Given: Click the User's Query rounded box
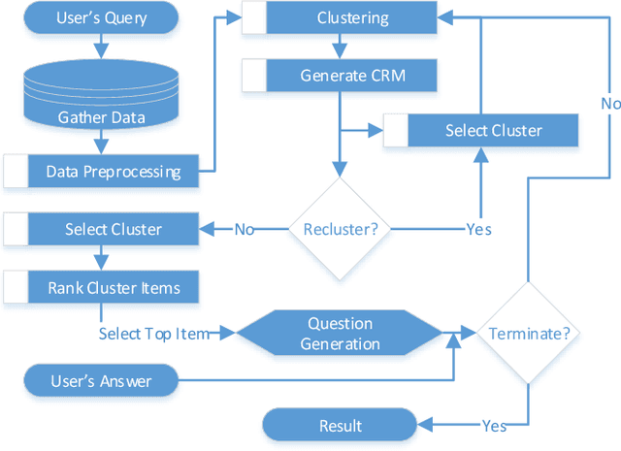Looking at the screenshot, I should point(101,17).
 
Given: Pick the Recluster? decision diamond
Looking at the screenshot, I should point(340,229).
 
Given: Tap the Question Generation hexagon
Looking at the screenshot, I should point(340,333).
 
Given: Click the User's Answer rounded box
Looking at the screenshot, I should point(101,380).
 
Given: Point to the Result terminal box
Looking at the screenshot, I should point(340,426).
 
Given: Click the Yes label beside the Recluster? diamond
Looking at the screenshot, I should point(477,229).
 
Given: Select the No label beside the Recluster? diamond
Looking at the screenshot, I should point(245,229).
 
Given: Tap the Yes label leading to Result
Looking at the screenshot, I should point(495,426).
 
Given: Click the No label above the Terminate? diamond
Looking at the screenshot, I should point(609,103).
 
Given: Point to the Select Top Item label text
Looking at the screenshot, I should point(153,333).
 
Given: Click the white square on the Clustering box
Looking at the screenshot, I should point(253,17).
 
